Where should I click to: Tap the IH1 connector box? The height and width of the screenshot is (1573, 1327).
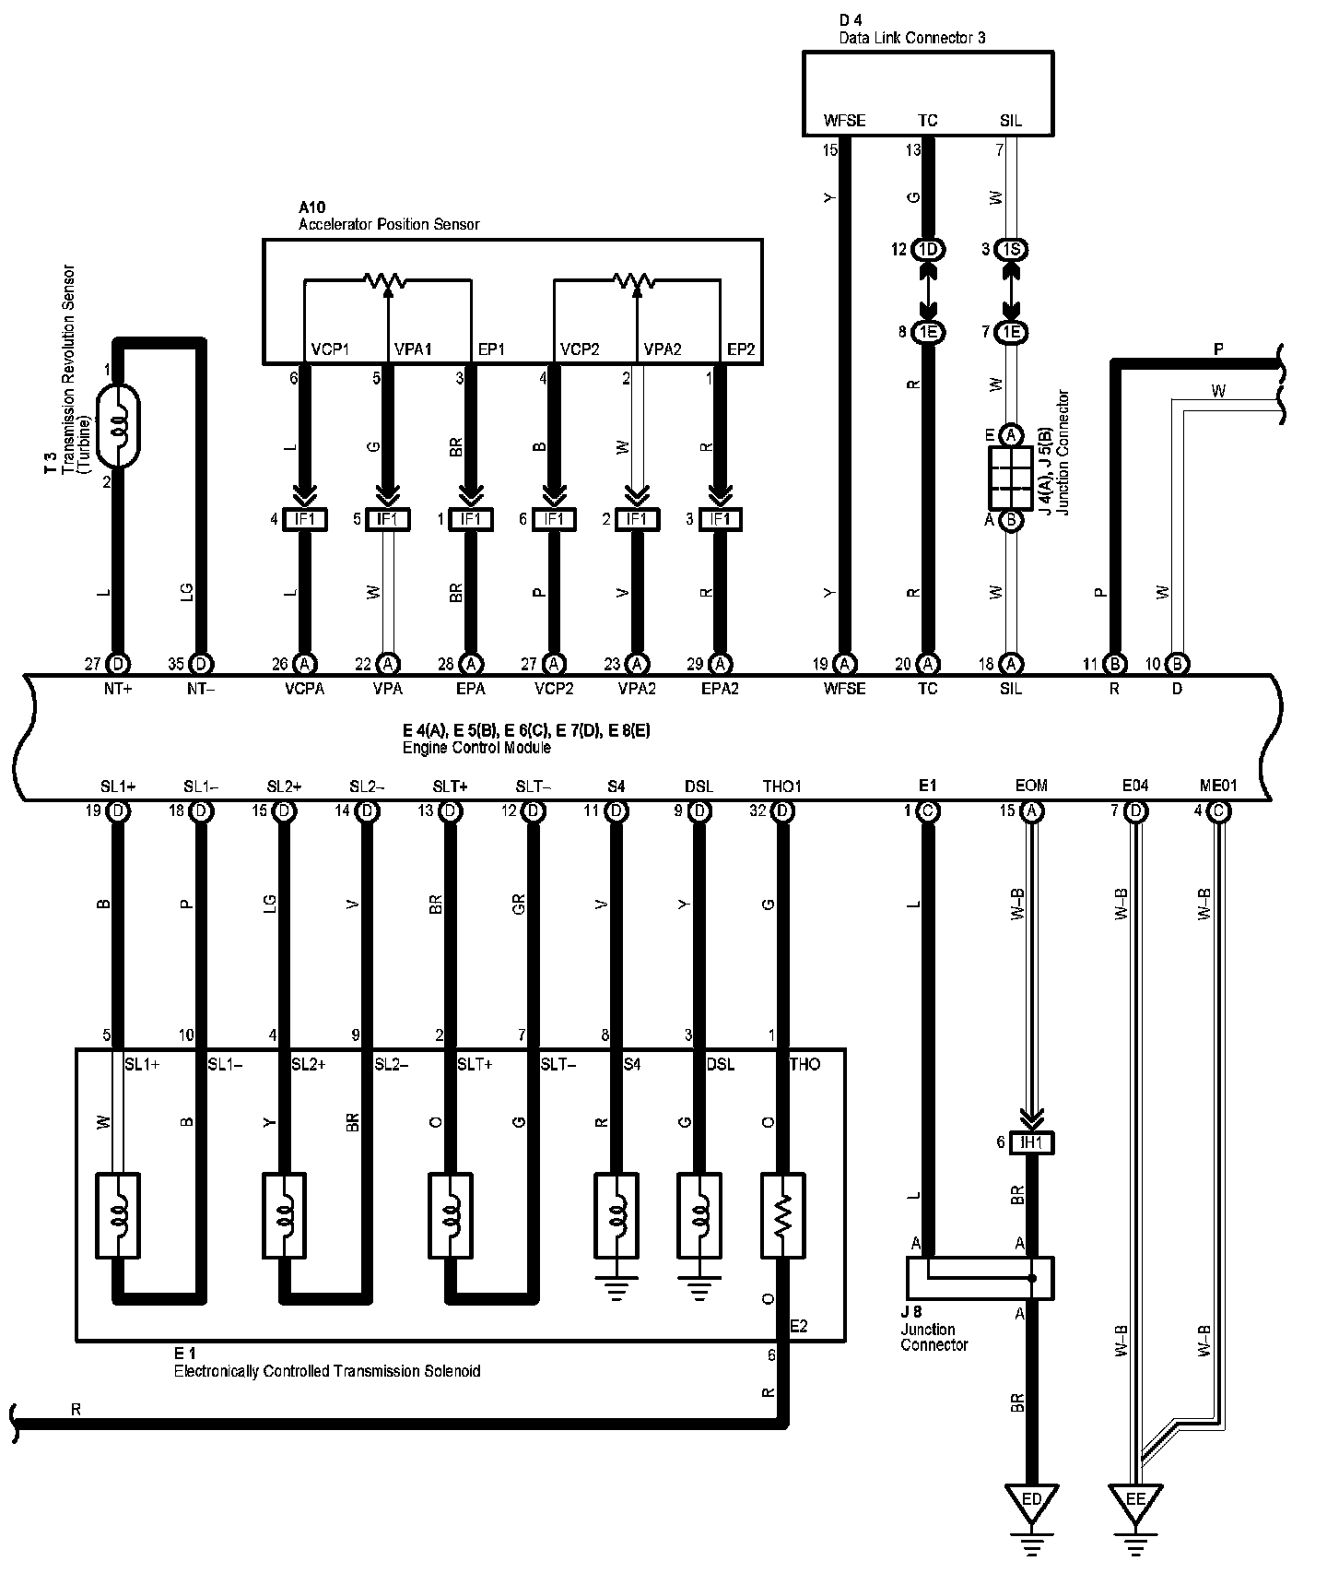pos(1031,1143)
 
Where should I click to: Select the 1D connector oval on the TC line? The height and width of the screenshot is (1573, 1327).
pos(927,250)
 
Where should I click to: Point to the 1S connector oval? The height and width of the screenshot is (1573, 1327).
pos(1011,250)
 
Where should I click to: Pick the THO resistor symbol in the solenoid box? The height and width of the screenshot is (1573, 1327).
pos(782,1215)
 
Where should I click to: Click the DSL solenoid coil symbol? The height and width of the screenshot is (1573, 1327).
pos(699,1215)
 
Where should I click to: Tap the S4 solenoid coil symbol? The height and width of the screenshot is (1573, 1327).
pos(617,1215)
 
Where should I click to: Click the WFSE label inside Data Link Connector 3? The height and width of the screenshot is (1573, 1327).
pos(844,121)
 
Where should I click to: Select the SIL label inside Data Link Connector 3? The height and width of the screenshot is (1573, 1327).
pos(1011,121)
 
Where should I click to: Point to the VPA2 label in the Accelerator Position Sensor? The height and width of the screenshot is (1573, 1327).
pos(662,350)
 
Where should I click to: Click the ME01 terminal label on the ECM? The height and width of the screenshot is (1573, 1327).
pos(1217,786)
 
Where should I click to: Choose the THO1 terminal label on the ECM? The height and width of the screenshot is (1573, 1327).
pos(782,786)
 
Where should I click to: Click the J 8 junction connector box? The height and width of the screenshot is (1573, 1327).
pos(980,1278)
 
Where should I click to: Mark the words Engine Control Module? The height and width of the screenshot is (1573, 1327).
pos(476,748)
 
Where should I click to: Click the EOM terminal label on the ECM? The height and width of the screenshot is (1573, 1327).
pos(1031,786)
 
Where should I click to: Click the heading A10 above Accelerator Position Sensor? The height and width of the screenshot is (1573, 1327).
pos(312,208)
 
